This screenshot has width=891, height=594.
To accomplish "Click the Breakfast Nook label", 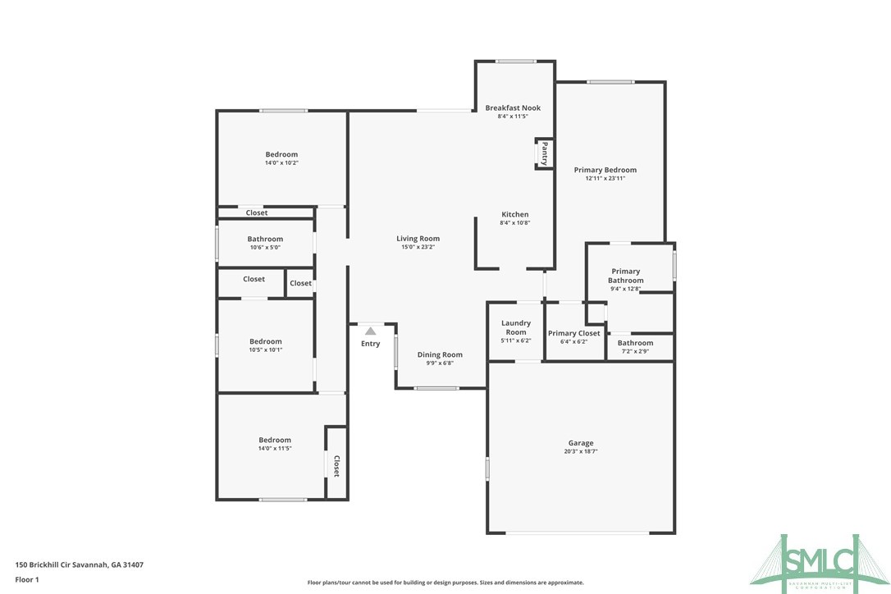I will (513, 107).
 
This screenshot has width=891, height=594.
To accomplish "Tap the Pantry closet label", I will (543, 153).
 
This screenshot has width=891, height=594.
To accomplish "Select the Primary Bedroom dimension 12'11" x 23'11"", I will (605, 178).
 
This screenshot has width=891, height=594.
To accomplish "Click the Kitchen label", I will (515, 214).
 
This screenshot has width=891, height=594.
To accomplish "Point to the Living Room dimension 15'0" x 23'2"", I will (418, 247).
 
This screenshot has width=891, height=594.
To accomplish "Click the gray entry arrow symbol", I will (370, 331).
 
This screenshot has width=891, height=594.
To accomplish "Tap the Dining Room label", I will (440, 354).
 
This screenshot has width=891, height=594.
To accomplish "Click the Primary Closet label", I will (573, 333).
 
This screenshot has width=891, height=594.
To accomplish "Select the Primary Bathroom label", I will (625, 276).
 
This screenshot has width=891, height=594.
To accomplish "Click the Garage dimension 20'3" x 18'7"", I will (580, 451).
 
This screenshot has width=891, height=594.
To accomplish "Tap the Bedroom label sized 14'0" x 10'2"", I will (281, 154).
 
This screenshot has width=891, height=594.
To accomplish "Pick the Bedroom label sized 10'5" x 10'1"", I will (266, 341).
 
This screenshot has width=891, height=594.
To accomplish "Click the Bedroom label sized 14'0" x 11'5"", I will (275, 440).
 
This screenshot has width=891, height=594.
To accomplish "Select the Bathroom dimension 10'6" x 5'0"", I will (265, 247).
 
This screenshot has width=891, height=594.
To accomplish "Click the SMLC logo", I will (820, 559).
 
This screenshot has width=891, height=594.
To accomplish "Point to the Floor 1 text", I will (27, 579).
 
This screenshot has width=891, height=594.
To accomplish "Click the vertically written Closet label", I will (336, 466).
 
